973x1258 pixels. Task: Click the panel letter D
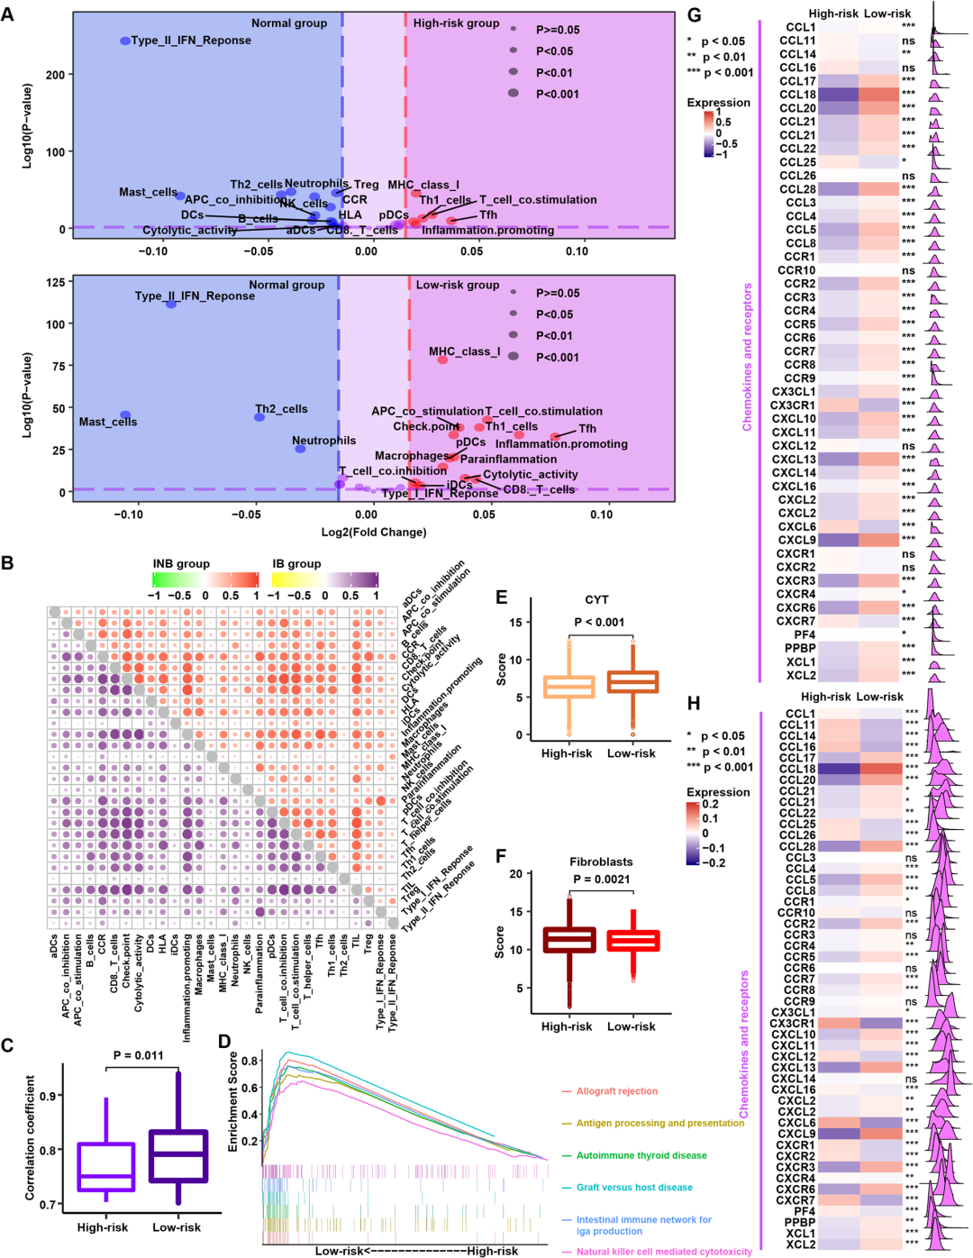tap(224, 1043)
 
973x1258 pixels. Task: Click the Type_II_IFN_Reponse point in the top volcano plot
tap(125, 41)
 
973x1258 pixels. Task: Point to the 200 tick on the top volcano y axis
tap(55, 75)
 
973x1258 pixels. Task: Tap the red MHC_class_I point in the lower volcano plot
tap(442, 360)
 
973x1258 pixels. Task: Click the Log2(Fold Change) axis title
tap(374, 532)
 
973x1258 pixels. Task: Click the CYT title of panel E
tap(596, 599)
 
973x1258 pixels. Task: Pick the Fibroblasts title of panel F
tap(601, 861)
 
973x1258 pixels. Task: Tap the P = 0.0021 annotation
tap(601, 880)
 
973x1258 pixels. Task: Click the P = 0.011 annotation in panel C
tap(139, 1055)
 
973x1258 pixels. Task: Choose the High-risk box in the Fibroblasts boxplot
tap(568, 940)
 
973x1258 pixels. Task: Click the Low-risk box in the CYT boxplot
tap(632, 681)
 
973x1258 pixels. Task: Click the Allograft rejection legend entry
tap(617, 1091)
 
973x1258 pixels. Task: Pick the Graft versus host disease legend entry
tap(634, 1188)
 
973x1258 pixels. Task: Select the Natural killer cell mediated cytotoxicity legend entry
tap(664, 1252)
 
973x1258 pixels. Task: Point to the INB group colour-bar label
tap(181, 564)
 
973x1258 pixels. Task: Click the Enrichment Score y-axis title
tap(233, 1101)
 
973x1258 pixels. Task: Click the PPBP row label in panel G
tap(800, 648)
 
